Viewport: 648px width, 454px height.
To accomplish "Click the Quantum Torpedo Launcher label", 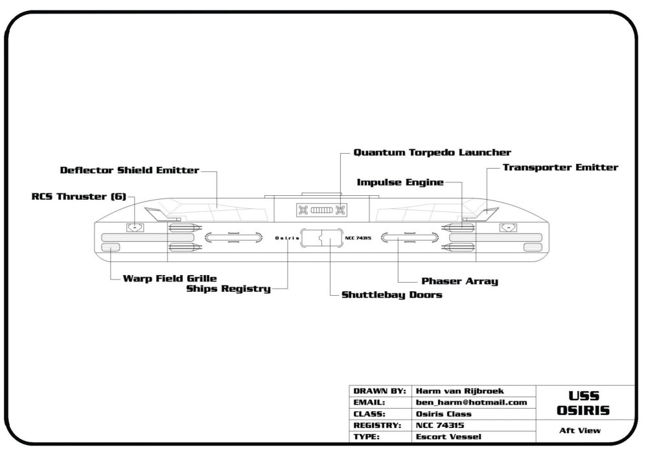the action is [x=432, y=152].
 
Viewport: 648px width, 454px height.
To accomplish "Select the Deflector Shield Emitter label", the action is [x=130, y=171].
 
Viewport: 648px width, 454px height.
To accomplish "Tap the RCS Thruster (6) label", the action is [x=79, y=197].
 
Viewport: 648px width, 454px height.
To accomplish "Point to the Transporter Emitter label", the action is [x=561, y=167].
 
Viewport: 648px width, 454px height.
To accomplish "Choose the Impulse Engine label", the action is [x=400, y=182].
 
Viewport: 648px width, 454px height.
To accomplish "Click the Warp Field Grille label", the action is [x=170, y=278].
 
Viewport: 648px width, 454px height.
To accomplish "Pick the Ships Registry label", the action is [x=229, y=289].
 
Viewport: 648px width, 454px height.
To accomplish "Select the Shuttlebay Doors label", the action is [x=392, y=295].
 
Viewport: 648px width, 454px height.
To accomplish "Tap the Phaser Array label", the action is [x=459, y=281].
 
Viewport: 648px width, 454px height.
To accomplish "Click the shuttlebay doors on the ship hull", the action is [x=321, y=238].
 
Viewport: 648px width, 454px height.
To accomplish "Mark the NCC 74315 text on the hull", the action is [x=358, y=238].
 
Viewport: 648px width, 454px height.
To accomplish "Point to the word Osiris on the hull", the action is [x=287, y=238].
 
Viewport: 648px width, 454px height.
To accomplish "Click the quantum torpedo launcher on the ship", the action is [x=321, y=210].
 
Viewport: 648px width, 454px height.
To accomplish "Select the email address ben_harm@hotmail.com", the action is [x=471, y=402].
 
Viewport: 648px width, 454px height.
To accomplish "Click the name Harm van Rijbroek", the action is [x=459, y=391].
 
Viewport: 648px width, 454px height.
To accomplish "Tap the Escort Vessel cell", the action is [x=448, y=436].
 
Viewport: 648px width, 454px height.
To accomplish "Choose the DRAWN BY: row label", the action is [x=380, y=391].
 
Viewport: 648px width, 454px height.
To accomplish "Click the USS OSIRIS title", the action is [x=583, y=403].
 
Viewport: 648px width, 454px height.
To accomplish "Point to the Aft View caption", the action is [x=580, y=431].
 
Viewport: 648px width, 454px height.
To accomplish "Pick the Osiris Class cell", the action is [x=443, y=414].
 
